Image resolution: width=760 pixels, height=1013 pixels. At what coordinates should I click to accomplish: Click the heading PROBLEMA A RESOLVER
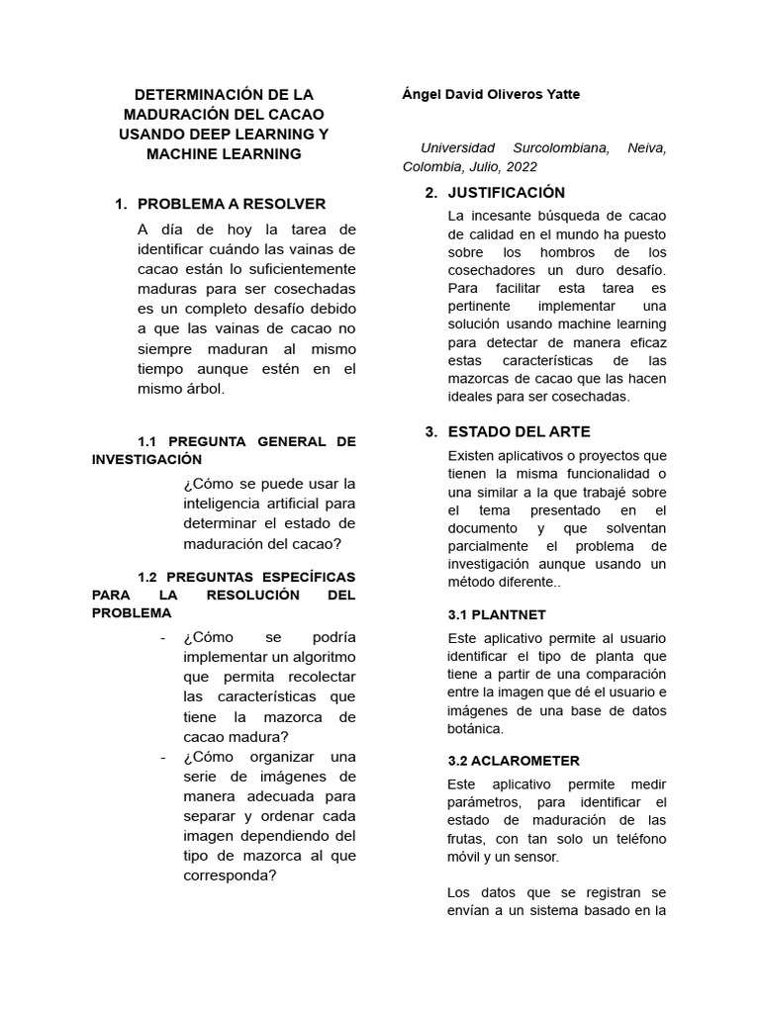(231, 204)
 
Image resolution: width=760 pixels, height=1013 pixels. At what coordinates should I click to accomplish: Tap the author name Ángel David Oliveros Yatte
(491, 95)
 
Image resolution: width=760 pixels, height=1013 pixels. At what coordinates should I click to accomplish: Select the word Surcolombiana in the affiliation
(555, 148)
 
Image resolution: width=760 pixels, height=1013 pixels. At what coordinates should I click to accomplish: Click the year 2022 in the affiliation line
(521, 167)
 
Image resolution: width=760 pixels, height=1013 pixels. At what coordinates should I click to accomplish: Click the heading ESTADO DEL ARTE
(519, 431)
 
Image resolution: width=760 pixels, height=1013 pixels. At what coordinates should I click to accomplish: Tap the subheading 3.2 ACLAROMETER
(513, 761)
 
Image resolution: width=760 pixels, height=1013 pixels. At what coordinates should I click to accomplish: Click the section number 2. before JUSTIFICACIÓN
(430, 192)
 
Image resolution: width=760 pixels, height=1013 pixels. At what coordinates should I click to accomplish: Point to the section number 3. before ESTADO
(430, 431)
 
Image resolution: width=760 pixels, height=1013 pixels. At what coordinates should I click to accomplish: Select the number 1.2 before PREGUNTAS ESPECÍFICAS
(148, 577)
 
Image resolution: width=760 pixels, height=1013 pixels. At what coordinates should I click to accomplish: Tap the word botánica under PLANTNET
(476, 729)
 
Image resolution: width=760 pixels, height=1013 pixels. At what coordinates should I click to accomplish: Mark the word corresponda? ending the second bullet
(230, 875)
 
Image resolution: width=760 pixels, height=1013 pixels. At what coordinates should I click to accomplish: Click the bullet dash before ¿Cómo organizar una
(162, 757)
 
